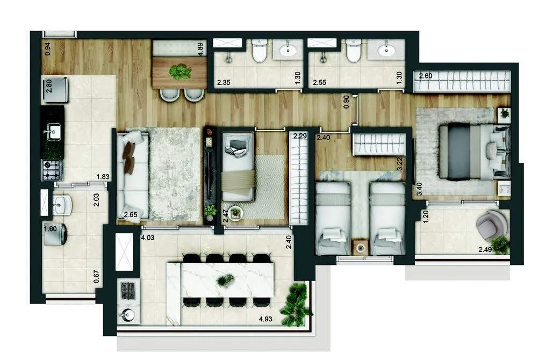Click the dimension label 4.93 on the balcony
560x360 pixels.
tap(265, 319)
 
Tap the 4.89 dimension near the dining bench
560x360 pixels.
tap(200, 48)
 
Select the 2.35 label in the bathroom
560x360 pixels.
tap(224, 83)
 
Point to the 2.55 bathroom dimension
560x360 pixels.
tap(320, 83)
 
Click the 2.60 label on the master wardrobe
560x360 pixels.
tap(426, 76)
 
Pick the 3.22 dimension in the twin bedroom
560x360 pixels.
tap(400, 163)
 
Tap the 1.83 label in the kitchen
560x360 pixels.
tap(103, 176)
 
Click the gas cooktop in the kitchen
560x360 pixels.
tap(52, 170)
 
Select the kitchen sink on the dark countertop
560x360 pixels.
tap(53, 132)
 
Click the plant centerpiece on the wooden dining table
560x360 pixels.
tap(180, 71)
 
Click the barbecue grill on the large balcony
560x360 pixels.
tap(128, 291)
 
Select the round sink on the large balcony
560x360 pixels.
tap(128, 314)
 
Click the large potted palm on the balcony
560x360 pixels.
tap(295, 305)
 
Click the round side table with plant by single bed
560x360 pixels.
tap(235, 213)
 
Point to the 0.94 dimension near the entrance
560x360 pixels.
tap(47, 49)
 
